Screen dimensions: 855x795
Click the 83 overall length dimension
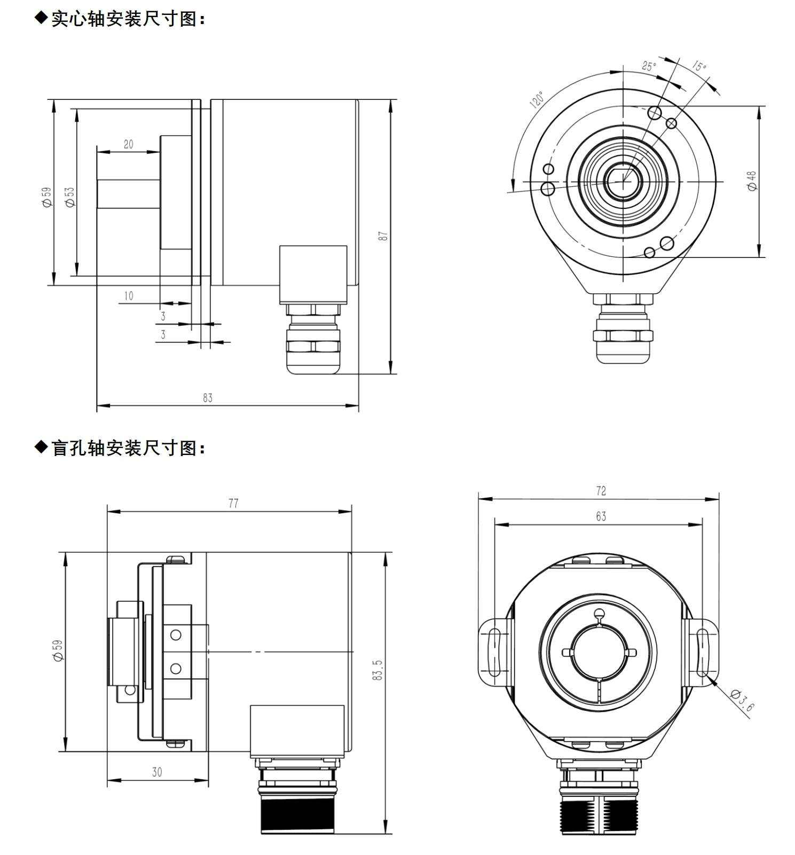208,398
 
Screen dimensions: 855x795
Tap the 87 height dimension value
383,236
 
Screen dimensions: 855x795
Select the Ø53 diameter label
70,197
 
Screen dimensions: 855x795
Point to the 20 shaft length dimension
129,144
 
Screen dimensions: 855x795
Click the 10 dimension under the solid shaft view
129,296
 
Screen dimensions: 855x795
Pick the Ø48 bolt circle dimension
752,181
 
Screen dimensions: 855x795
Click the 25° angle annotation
649,66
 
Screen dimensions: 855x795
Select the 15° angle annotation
699,66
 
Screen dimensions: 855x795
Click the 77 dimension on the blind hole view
233,503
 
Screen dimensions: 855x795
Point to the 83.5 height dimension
377,670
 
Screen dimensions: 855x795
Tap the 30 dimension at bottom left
157,772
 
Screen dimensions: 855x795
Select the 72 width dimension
601,491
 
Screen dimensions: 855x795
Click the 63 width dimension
601,516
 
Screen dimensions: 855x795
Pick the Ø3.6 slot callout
742,701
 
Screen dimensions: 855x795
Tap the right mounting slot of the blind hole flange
703,652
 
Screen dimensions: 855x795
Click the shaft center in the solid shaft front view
623,182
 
